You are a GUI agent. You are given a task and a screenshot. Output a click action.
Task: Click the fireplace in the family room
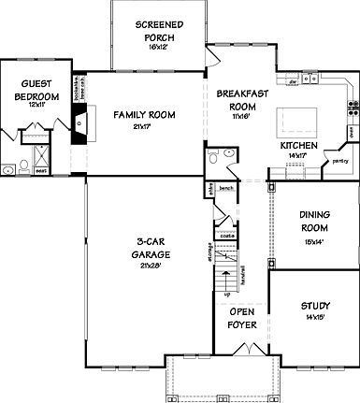tap(79, 121)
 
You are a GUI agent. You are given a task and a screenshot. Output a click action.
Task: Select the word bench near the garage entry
tap(225, 187)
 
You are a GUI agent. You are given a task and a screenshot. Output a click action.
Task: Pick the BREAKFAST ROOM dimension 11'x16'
tap(236, 117)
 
